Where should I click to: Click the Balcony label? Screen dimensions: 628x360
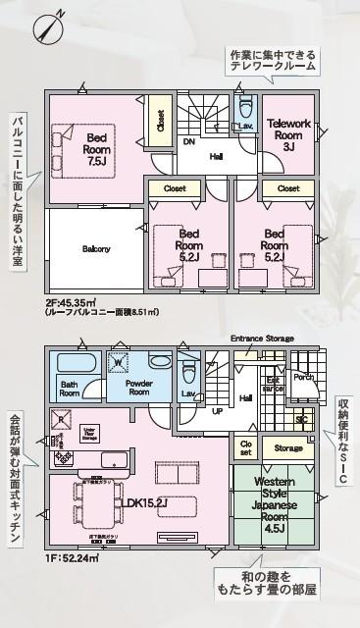(96, 248)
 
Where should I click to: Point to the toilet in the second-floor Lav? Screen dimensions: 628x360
(246, 106)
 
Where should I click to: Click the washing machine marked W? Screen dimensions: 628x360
(118, 364)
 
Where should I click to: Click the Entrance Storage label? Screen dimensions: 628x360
(262, 339)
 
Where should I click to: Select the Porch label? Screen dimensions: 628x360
(303, 377)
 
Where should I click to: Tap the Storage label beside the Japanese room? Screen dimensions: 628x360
(287, 447)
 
